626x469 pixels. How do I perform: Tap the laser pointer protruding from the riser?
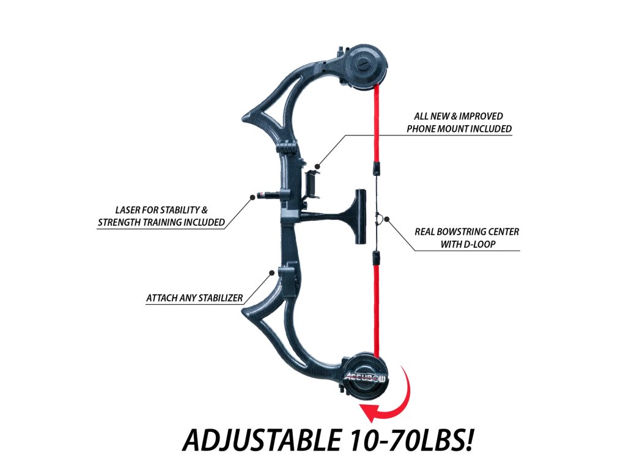[270, 197]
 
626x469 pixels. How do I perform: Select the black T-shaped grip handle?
[357, 214]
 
